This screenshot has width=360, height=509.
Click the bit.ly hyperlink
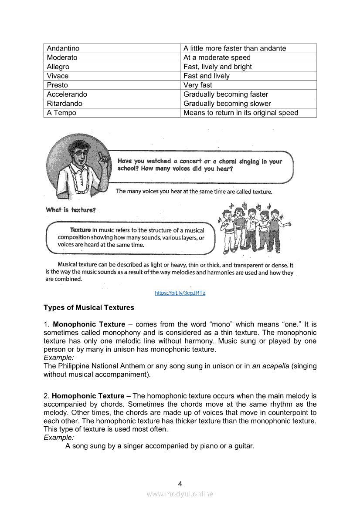pyautogui.click(x=180, y=293)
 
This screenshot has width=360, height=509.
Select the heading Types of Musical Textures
pyautogui.click(x=89, y=307)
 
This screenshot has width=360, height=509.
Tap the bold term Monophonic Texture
pyautogui.click(x=89, y=324)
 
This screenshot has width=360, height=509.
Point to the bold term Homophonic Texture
pyautogui.click(x=88, y=396)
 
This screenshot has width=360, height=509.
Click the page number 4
pyautogui.click(x=180, y=483)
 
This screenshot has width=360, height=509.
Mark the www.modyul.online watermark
pyautogui.click(x=180, y=494)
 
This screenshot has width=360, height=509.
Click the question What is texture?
pyautogui.click(x=70, y=210)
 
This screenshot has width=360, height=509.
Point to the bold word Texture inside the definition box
pyautogui.click(x=80, y=230)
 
